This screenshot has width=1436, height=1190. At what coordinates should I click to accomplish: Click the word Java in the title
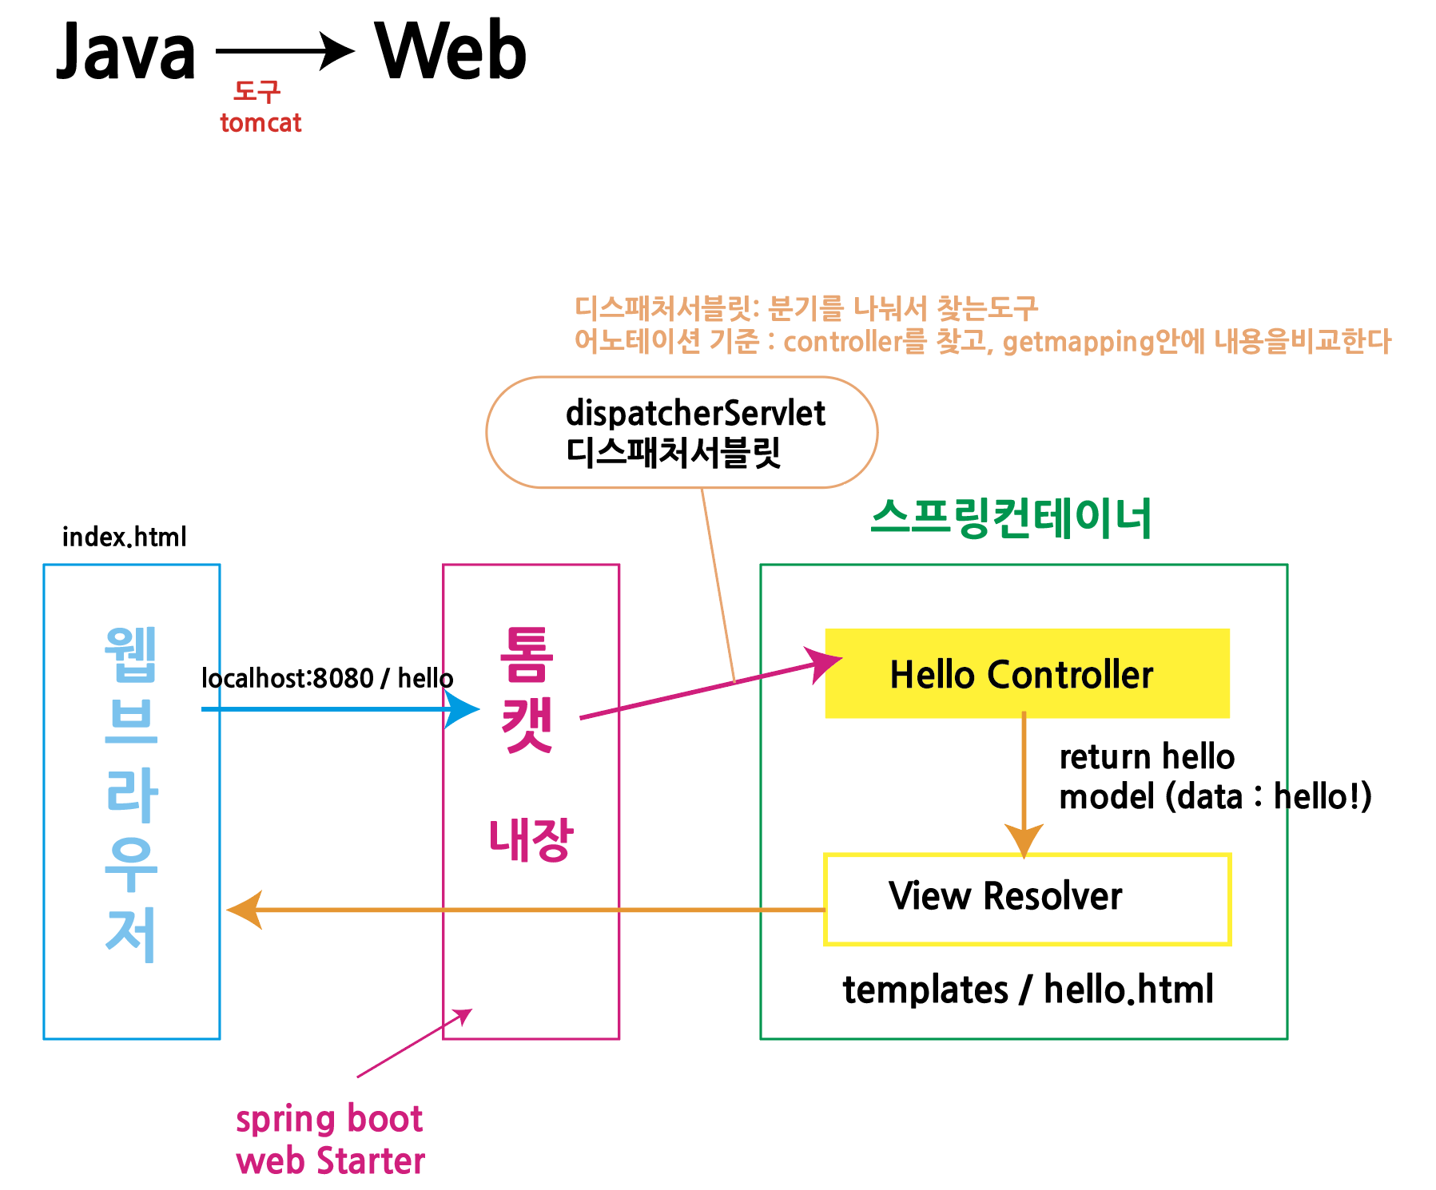[x=126, y=53]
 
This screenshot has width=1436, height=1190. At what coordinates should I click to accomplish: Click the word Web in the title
[x=451, y=51]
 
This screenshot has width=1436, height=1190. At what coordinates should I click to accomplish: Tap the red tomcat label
[x=261, y=123]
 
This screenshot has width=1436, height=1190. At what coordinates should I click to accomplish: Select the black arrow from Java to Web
[x=284, y=51]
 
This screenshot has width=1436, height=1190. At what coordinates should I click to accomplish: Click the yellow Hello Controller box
[x=1026, y=673]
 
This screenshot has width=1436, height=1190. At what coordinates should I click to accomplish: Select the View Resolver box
[x=1026, y=898]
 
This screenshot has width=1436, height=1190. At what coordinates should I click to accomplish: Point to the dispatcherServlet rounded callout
[x=682, y=432]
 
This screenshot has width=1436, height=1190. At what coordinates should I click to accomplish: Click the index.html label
[x=125, y=537]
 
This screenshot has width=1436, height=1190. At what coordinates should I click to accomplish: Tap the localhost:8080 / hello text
[x=327, y=678]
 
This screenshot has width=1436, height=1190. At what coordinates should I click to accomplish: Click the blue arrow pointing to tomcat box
[x=336, y=708]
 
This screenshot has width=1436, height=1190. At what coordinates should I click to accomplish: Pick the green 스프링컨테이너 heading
[x=1010, y=518]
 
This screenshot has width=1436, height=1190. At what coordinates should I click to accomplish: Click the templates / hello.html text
[x=1028, y=990]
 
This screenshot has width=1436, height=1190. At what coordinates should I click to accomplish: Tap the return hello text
[x=1146, y=756]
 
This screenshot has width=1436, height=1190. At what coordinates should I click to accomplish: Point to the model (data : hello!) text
[x=1215, y=796]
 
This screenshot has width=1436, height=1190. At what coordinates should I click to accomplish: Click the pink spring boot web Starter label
[x=329, y=1140]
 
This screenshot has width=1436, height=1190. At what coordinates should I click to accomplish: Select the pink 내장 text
[x=531, y=839]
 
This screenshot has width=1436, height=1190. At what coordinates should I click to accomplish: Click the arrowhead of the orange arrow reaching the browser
[x=245, y=910]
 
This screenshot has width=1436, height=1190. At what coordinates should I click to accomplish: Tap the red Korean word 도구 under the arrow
[x=257, y=92]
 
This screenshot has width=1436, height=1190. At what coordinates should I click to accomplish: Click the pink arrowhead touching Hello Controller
[x=825, y=664]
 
